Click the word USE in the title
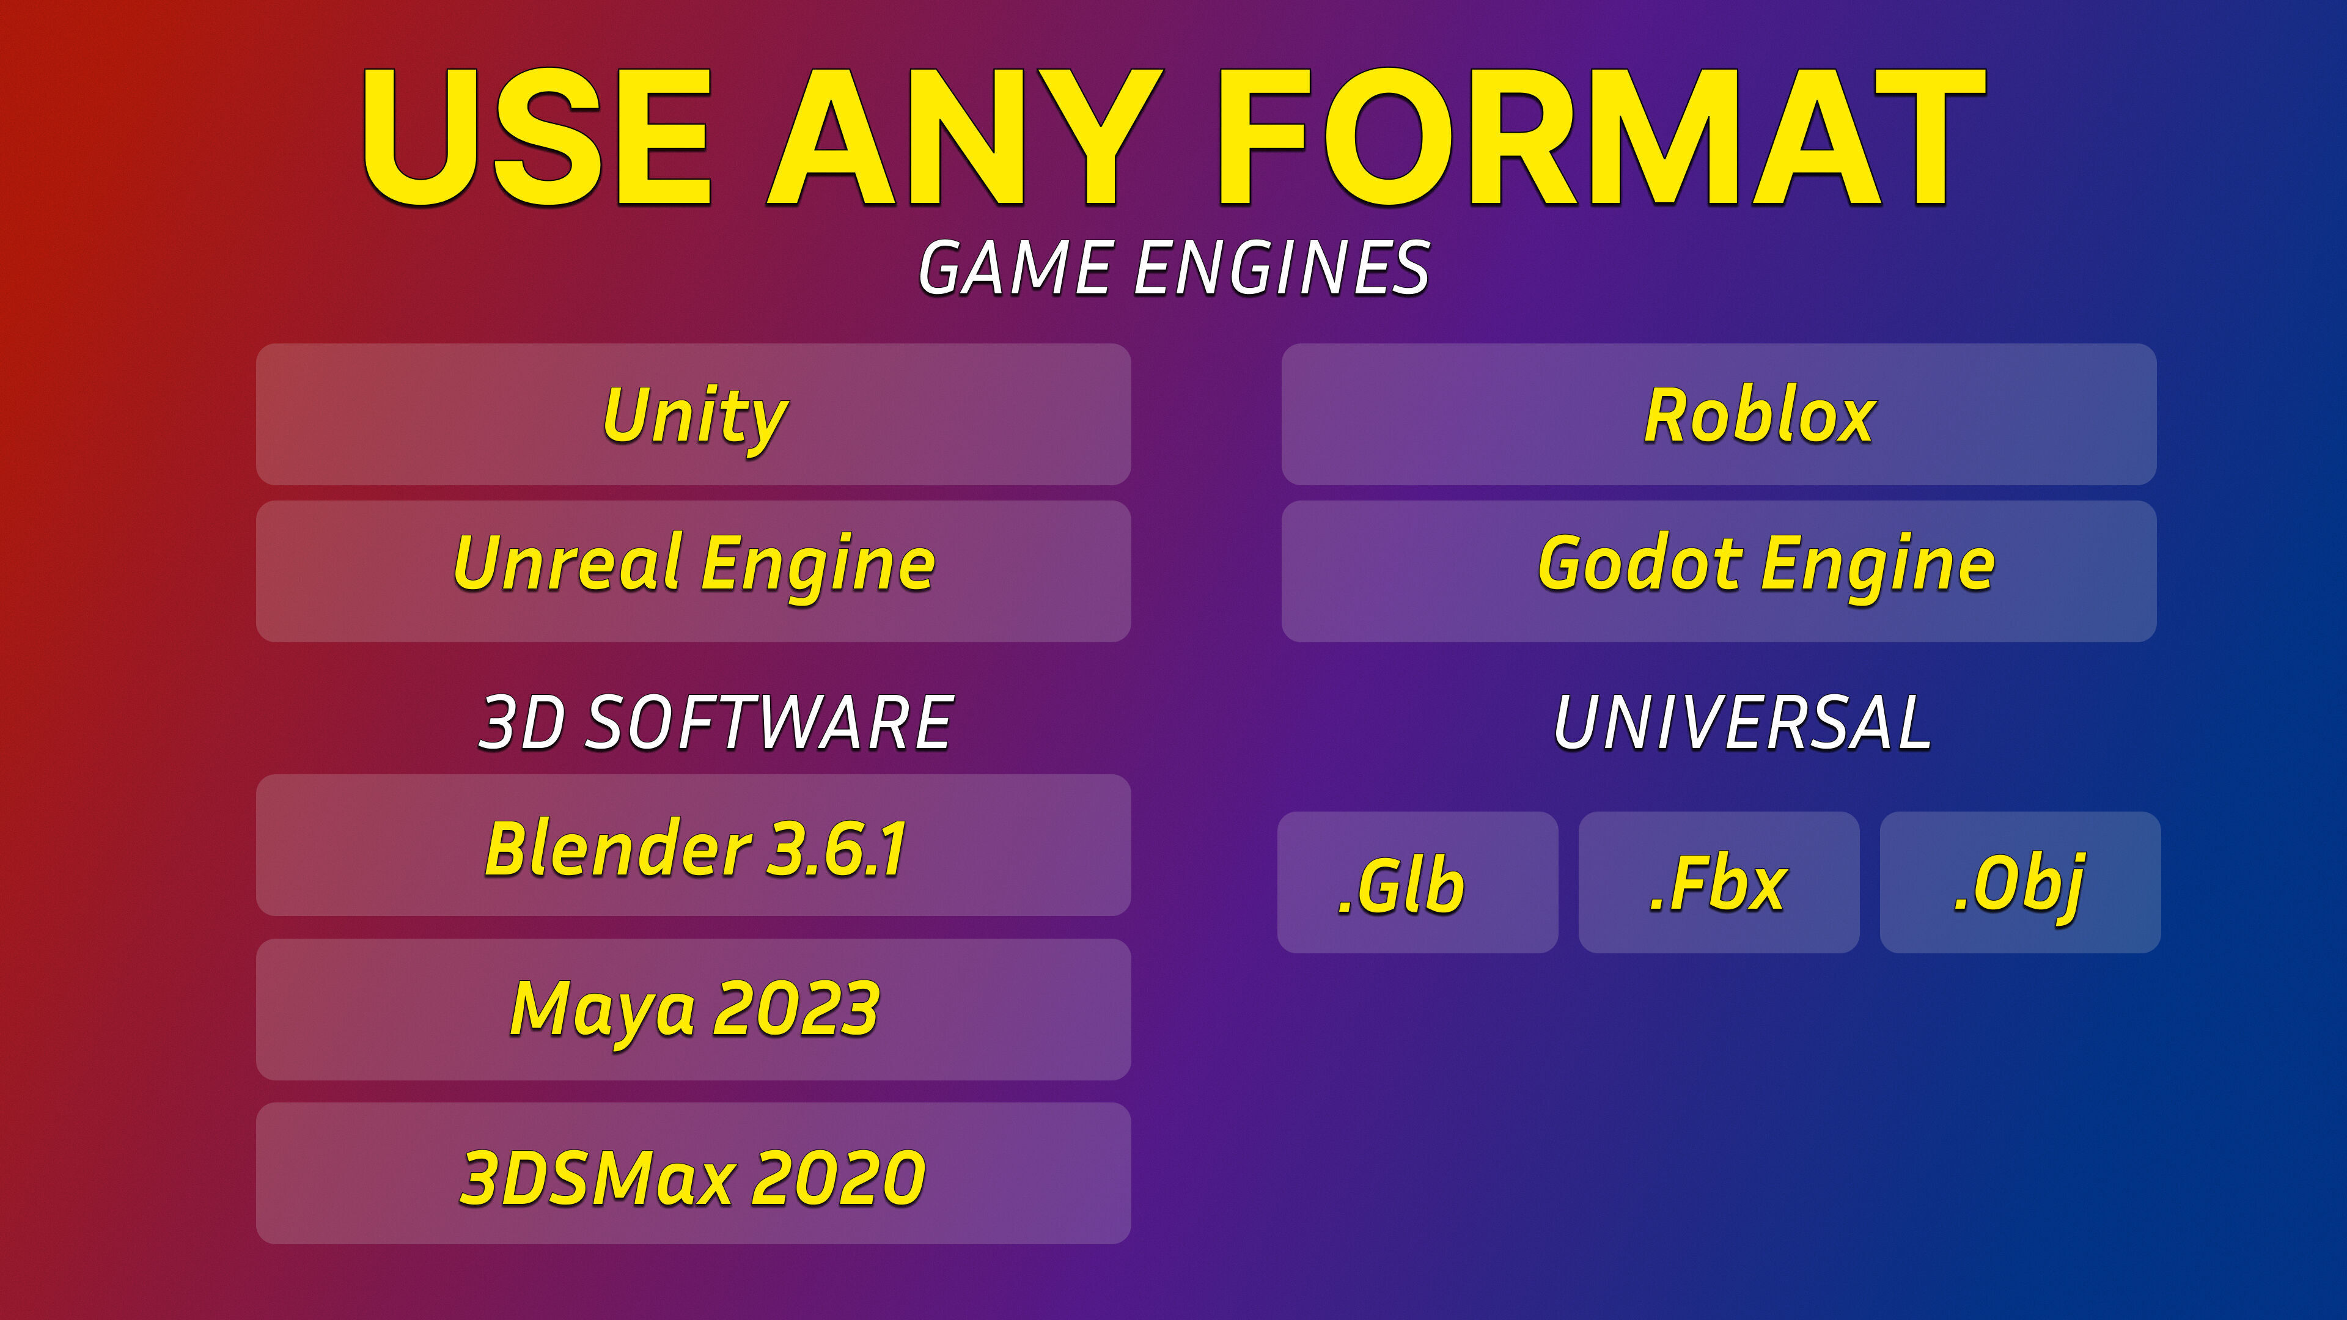pyautogui.click(x=537, y=137)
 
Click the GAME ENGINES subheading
pyautogui.click(x=1173, y=269)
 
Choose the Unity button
pyautogui.click(x=693, y=414)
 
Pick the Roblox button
pyautogui.click(x=1718, y=414)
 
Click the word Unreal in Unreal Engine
pyautogui.click(x=568, y=562)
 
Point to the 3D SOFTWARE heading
pyautogui.click(x=716, y=722)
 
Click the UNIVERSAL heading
pyautogui.click(x=1742, y=722)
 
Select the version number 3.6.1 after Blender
pyautogui.click(x=836, y=848)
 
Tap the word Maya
pyautogui.click(x=603, y=1010)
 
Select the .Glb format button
pyautogui.click(x=1418, y=882)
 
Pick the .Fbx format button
pyautogui.click(x=1718, y=882)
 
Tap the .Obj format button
pyautogui.click(x=2020, y=882)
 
